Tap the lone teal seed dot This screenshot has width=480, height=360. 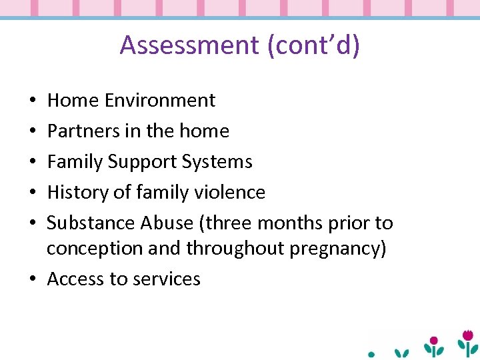372,354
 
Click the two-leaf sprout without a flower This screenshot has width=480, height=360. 401,352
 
